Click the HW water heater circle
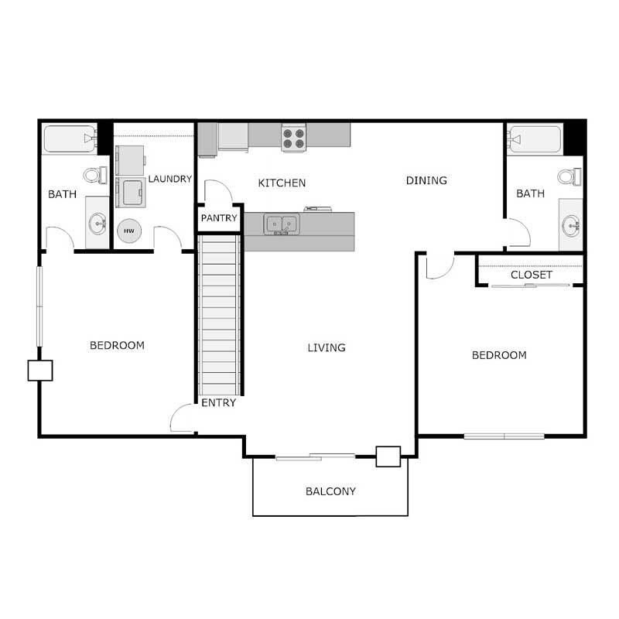coord(128,231)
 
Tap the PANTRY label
coord(219,218)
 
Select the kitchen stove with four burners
coord(293,138)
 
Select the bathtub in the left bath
coord(69,139)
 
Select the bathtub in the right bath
coord(534,139)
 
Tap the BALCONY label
coord(330,491)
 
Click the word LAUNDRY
coord(170,179)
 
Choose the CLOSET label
coord(532,275)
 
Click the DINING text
coord(426,180)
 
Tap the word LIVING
coord(327,347)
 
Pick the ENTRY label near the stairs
coord(218,402)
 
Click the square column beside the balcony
coord(388,457)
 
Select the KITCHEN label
coord(282,183)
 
